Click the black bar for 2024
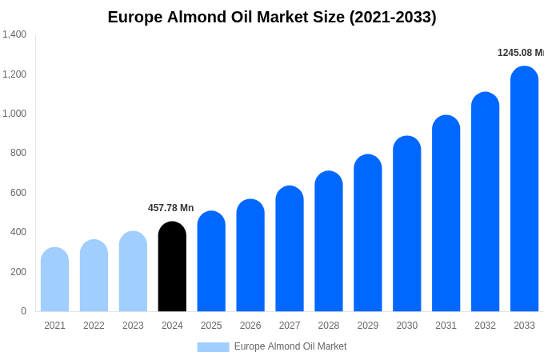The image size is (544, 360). tap(172, 267)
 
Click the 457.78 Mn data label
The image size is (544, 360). tap(170, 208)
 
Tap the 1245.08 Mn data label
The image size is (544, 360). tap(520, 53)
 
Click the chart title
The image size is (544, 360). tap(272, 17)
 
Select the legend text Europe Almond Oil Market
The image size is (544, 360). tap(290, 346)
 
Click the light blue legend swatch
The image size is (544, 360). tap(213, 346)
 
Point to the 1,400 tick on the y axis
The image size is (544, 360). tap(14, 34)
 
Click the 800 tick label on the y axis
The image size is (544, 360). tap(18, 153)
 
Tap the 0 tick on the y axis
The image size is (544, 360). tap(23, 311)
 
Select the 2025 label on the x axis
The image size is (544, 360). tap(211, 326)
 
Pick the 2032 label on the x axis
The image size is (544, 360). tap(485, 326)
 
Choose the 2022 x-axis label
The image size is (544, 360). tap(94, 326)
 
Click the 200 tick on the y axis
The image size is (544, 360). tap(18, 272)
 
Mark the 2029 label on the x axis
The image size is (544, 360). tap(368, 326)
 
